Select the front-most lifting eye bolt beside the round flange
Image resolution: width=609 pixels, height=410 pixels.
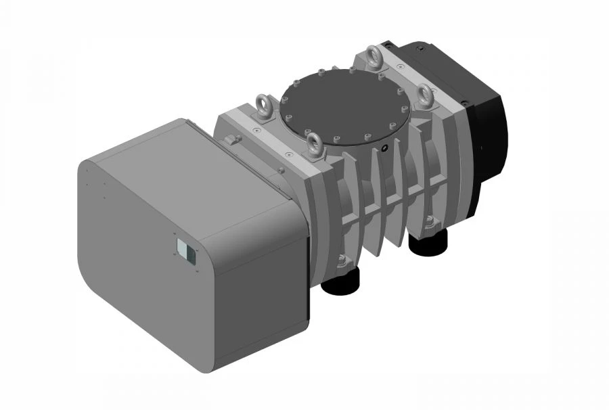(x=314, y=142)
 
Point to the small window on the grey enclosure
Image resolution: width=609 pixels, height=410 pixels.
(x=185, y=251)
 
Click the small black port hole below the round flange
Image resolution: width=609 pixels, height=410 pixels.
(x=384, y=148)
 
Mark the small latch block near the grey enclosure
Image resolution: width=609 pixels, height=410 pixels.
(x=233, y=139)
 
